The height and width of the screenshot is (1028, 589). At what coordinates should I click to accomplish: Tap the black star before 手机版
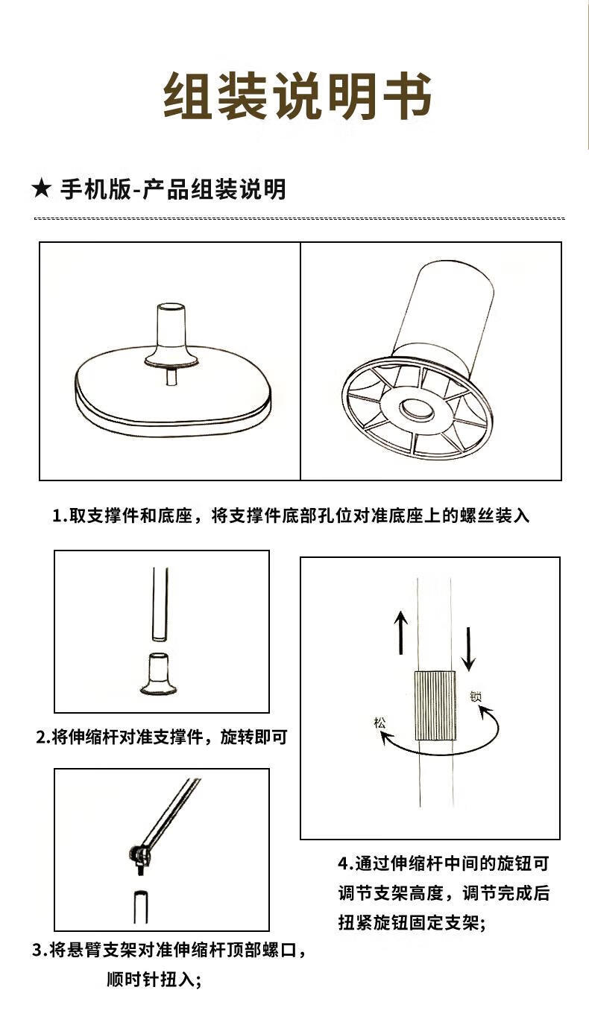click(x=42, y=189)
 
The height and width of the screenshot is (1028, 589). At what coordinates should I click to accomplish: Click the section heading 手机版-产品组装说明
click(x=173, y=189)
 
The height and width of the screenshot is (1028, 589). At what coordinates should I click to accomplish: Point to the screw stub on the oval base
click(x=171, y=377)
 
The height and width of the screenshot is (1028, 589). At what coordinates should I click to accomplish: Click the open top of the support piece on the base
click(x=172, y=308)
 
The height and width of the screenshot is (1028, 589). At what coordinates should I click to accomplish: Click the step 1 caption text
click(x=291, y=515)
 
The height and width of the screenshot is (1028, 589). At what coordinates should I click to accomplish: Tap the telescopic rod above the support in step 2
click(x=160, y=603)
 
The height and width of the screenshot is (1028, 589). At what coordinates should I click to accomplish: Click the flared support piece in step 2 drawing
click(x=159, y=673)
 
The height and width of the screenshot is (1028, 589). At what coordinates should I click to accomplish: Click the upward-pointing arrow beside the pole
click(x=401, y=632)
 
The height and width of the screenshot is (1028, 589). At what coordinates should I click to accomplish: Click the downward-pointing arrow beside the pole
click(x=469, y=649)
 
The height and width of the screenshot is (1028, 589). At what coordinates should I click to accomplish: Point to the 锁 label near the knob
click(x=476, y=697)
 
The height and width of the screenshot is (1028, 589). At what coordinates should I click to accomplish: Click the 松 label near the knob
click(x=379, y=723)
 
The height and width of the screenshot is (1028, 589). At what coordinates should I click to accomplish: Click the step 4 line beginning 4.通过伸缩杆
click(x=444, y=863)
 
